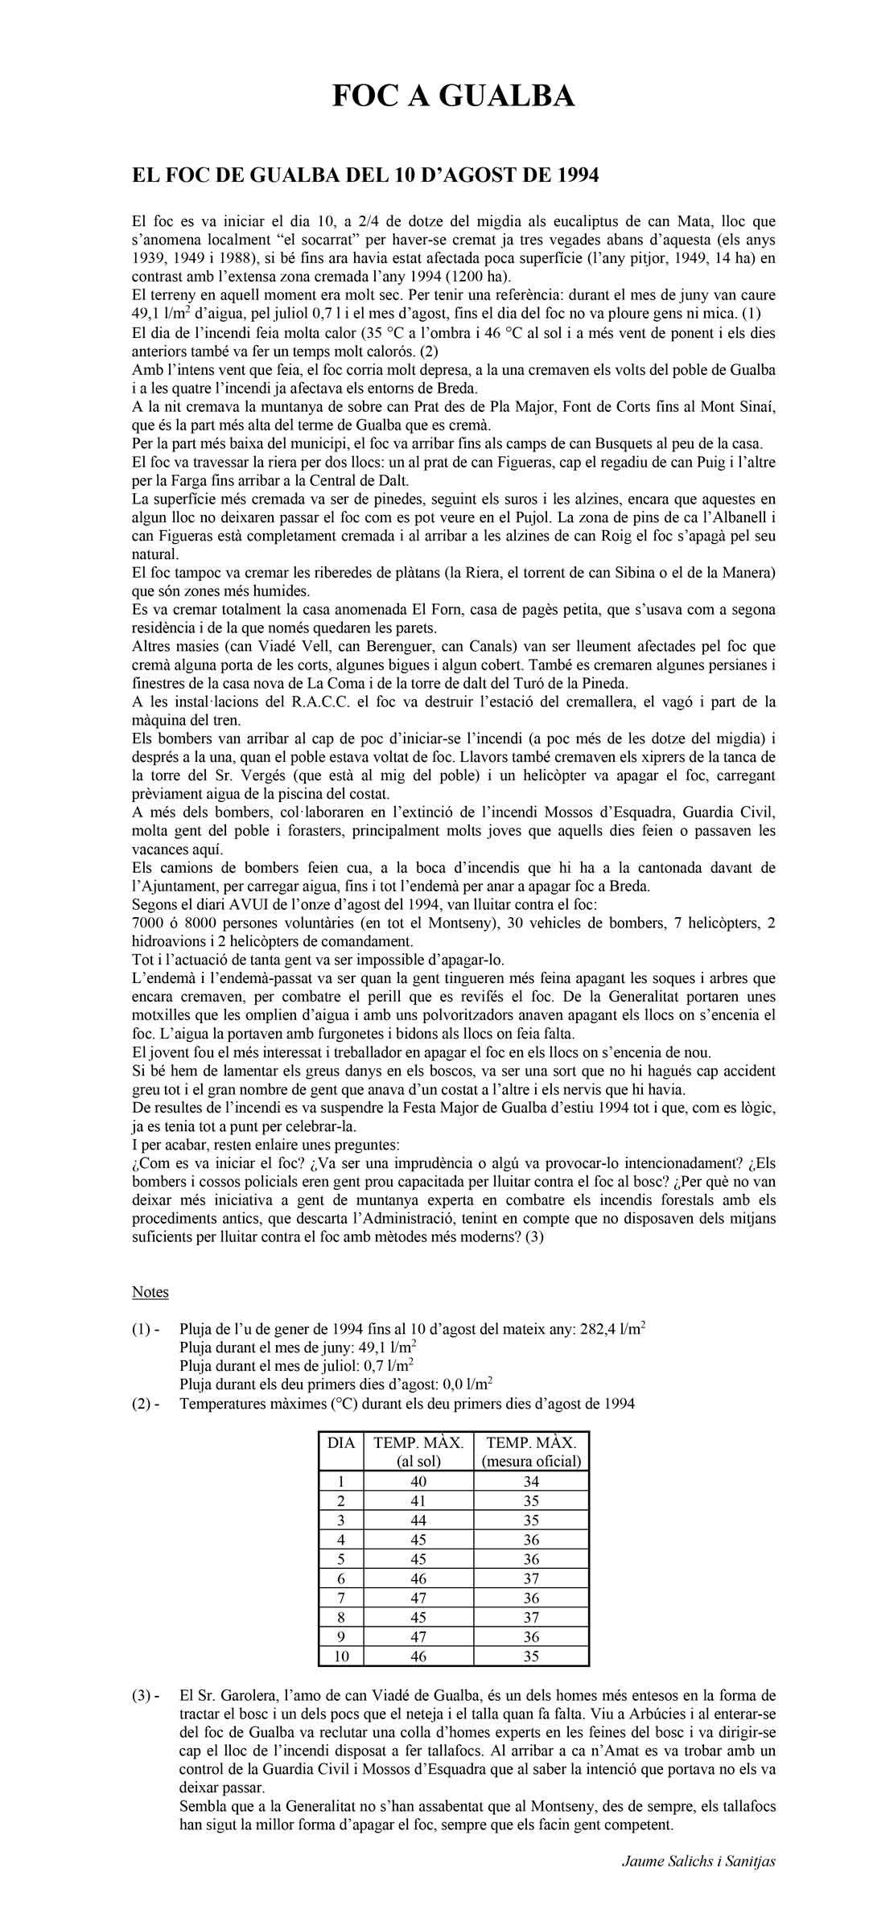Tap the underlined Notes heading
click(x=150, y=1292)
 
